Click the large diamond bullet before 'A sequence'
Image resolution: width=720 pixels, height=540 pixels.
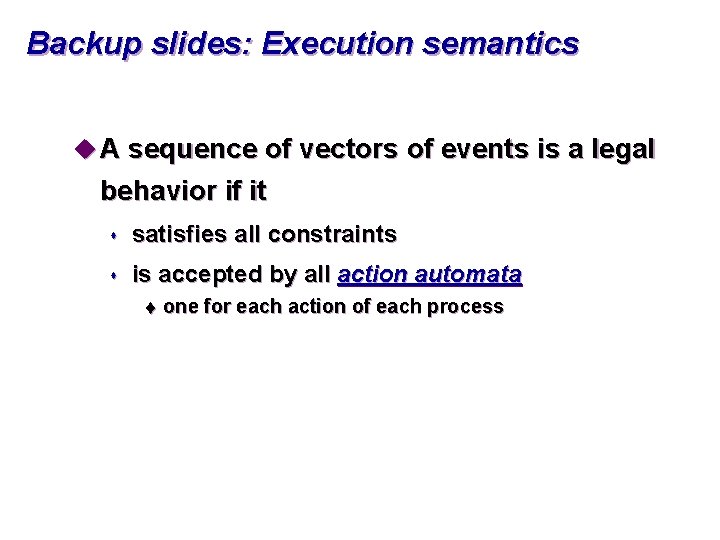coord(84,150)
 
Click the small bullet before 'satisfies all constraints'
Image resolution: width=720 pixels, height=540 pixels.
coord(115,236)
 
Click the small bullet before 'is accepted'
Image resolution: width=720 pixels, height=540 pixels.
coord(115,275)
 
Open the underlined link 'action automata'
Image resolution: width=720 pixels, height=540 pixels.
coord(430,275)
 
